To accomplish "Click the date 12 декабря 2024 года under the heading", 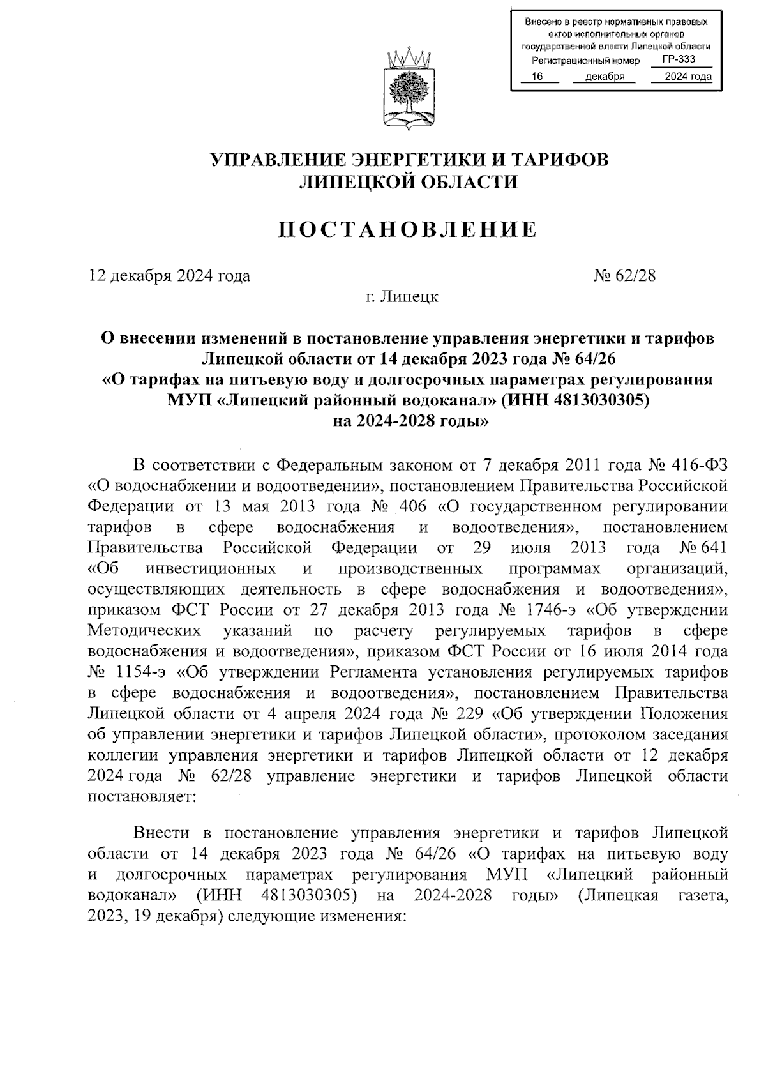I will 169,276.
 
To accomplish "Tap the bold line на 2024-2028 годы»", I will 409,421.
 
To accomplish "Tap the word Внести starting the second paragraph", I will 162,833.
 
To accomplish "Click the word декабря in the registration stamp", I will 605,77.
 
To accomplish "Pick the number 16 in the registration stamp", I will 537,77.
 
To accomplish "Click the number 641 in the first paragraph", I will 713,548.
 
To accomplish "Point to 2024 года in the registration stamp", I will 687,77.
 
